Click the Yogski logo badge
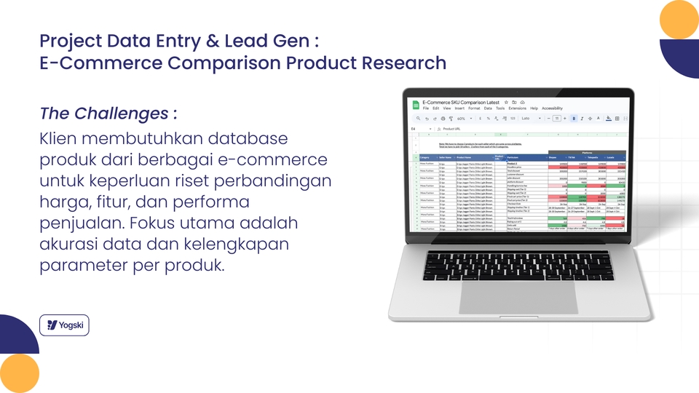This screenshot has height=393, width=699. click(x=64, y=325)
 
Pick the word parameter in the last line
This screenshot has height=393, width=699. click(x=80, y=264)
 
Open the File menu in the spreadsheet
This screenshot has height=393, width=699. click(x=426, y=108)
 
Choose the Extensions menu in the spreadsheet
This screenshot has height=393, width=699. click(x=517, y=108)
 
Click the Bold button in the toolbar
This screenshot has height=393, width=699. click(x=573, y=118)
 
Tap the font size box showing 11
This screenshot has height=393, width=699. click(x=557, y=118)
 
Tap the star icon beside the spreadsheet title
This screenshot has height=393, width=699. click(x=507, y=103)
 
